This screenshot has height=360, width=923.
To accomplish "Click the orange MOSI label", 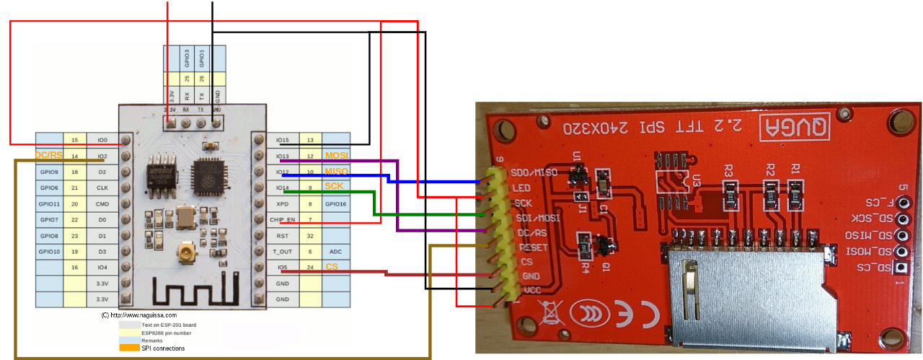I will [335, 155].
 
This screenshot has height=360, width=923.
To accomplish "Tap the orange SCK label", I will [334, 187].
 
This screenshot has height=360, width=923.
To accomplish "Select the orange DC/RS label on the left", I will [48, 155].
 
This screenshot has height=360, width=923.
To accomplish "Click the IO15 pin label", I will [283, 139].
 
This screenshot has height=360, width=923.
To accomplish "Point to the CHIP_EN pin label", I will [283, 219].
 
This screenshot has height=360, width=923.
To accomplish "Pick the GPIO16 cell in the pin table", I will [336, 203].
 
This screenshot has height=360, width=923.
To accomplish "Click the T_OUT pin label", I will [283, 252].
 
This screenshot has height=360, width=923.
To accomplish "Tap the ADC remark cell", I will [336, 252].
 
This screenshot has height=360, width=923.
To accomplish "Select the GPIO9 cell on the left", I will [49, 172].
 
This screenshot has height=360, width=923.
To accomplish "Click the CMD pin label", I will [102, 203].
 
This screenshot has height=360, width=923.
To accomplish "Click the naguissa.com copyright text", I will [139, 315].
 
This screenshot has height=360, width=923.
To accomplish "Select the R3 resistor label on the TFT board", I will [729, 171].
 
